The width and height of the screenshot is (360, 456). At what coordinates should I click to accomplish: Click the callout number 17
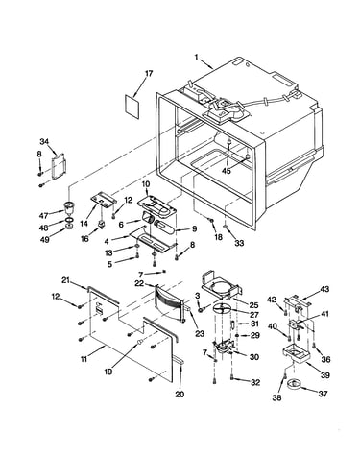[x=149, y=73]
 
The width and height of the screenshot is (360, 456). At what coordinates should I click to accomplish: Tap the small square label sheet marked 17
[x=132, y=107]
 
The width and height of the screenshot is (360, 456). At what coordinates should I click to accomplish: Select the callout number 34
[x=45, y=141]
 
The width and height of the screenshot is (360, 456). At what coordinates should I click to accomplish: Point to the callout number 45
[x=227, y=171]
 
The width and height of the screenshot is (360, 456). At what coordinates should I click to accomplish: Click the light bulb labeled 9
[x=164, y=228]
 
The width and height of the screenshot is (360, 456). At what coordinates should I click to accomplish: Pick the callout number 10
[x=146, y=184]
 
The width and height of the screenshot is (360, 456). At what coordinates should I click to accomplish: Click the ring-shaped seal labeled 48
[x=69, y=220]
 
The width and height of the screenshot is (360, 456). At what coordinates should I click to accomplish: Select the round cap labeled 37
[x=294, y=383]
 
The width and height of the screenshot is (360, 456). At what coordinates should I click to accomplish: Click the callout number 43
[x=324, y=289]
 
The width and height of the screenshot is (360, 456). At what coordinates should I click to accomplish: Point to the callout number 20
[x=180, y=395]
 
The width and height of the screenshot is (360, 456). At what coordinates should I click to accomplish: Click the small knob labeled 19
[x=139, y=343]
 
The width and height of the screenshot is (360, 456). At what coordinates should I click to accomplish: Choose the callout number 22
[x=139, y=283]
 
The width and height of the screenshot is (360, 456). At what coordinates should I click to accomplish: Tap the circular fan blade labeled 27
[x=223, y=309]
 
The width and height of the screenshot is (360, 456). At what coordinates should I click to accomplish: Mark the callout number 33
[x=239, y=243]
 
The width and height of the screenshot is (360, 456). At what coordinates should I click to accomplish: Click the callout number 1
[x=196, y=58]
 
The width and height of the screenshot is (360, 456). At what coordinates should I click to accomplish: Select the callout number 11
[x=84, y=359]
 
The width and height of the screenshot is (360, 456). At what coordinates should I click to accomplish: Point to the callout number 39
[x=325, y=375]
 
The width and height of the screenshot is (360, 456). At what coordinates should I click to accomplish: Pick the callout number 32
[x=255, y=382]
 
